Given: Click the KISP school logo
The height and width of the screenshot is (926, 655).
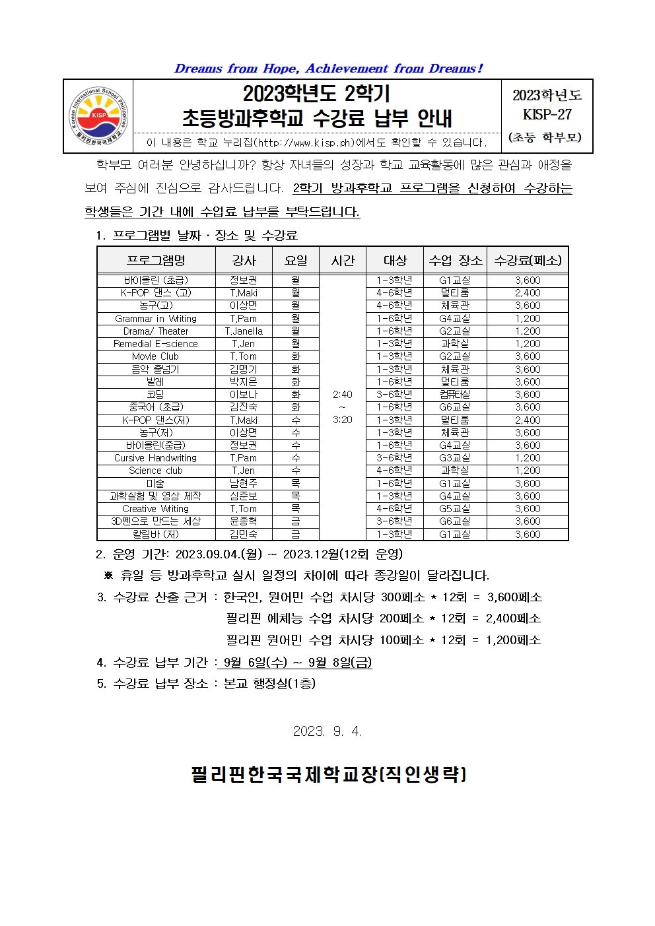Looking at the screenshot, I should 98,116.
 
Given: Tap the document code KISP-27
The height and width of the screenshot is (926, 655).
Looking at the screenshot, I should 547,114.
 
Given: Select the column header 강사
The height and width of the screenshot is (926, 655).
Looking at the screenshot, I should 244,260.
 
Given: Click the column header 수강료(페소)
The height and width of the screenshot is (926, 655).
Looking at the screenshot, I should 528,260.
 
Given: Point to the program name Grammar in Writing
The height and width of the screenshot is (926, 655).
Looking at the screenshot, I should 156,318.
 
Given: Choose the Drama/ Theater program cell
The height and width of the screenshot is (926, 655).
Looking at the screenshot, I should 156,331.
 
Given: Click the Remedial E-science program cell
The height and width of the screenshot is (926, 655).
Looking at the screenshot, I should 156,344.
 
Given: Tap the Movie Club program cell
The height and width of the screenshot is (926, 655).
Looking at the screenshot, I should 156,356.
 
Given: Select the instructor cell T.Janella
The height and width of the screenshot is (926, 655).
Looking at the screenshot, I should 244,331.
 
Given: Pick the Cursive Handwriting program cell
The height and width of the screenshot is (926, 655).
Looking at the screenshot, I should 156,458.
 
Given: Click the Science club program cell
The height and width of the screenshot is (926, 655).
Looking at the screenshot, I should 156,471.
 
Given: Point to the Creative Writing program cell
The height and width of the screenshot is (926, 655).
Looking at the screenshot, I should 156,509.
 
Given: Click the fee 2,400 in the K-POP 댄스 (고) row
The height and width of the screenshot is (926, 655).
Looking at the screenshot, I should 528,293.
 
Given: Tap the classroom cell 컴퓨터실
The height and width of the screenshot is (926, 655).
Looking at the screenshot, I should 455,395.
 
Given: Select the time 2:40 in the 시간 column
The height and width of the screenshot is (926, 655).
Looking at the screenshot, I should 343,395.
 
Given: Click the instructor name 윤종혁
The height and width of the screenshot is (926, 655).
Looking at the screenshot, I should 244,521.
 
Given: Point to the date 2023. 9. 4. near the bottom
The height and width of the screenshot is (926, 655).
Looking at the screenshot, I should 327,731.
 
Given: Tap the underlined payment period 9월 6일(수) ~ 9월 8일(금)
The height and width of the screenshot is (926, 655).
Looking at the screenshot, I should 297,663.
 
